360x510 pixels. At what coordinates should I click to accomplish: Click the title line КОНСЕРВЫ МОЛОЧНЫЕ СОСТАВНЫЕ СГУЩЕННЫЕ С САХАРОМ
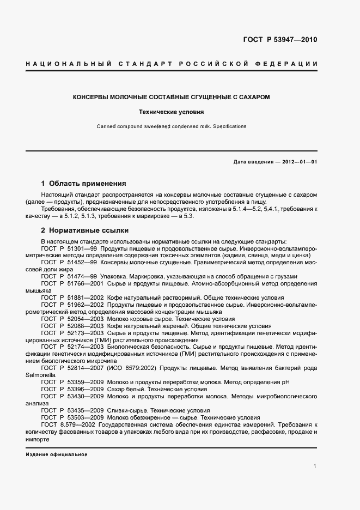click(172, 97)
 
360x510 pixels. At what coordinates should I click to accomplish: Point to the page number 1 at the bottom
click(315, 466)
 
